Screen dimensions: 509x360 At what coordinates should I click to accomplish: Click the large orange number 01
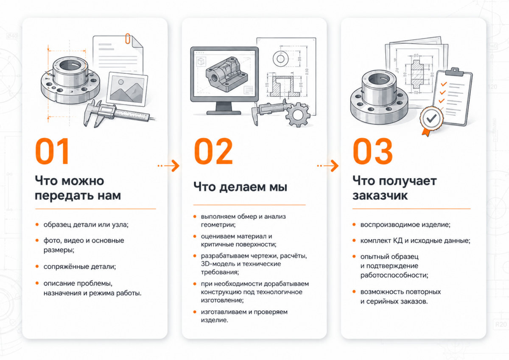pyautogui.click(x=52, y=151)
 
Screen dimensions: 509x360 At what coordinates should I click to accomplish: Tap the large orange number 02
pyautogui.click(x=214, y=151)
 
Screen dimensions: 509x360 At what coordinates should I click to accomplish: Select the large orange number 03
pyautogui.click(x=373, y=151)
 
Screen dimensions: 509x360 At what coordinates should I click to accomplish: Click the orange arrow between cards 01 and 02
pyautogui.click(x=169, y=165)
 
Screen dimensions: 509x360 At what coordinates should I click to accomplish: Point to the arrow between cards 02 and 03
pyautogui.click(x=328, y=165)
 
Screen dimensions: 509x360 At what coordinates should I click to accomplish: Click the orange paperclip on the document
pyautogui.click(x=128, y=39)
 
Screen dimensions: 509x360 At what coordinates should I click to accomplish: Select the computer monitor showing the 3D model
pyautogui.click(x=224, y=80)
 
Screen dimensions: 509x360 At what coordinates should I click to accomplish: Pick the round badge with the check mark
pyautogui.click(x=431, y=119)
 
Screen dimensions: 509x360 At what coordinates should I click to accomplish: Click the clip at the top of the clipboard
pyautogui.click(x=454, y=72)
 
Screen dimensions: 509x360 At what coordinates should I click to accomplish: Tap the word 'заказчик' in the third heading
pyautogui.click(x=380, y=195)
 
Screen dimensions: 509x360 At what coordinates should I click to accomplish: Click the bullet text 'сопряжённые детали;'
pyautogui.click(x=80, y=266)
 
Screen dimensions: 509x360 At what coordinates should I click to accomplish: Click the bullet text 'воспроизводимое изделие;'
pyautogui.click(x=406, y=225)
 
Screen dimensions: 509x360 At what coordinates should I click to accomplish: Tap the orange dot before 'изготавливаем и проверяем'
pyautogui.click(x=195, y=312)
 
